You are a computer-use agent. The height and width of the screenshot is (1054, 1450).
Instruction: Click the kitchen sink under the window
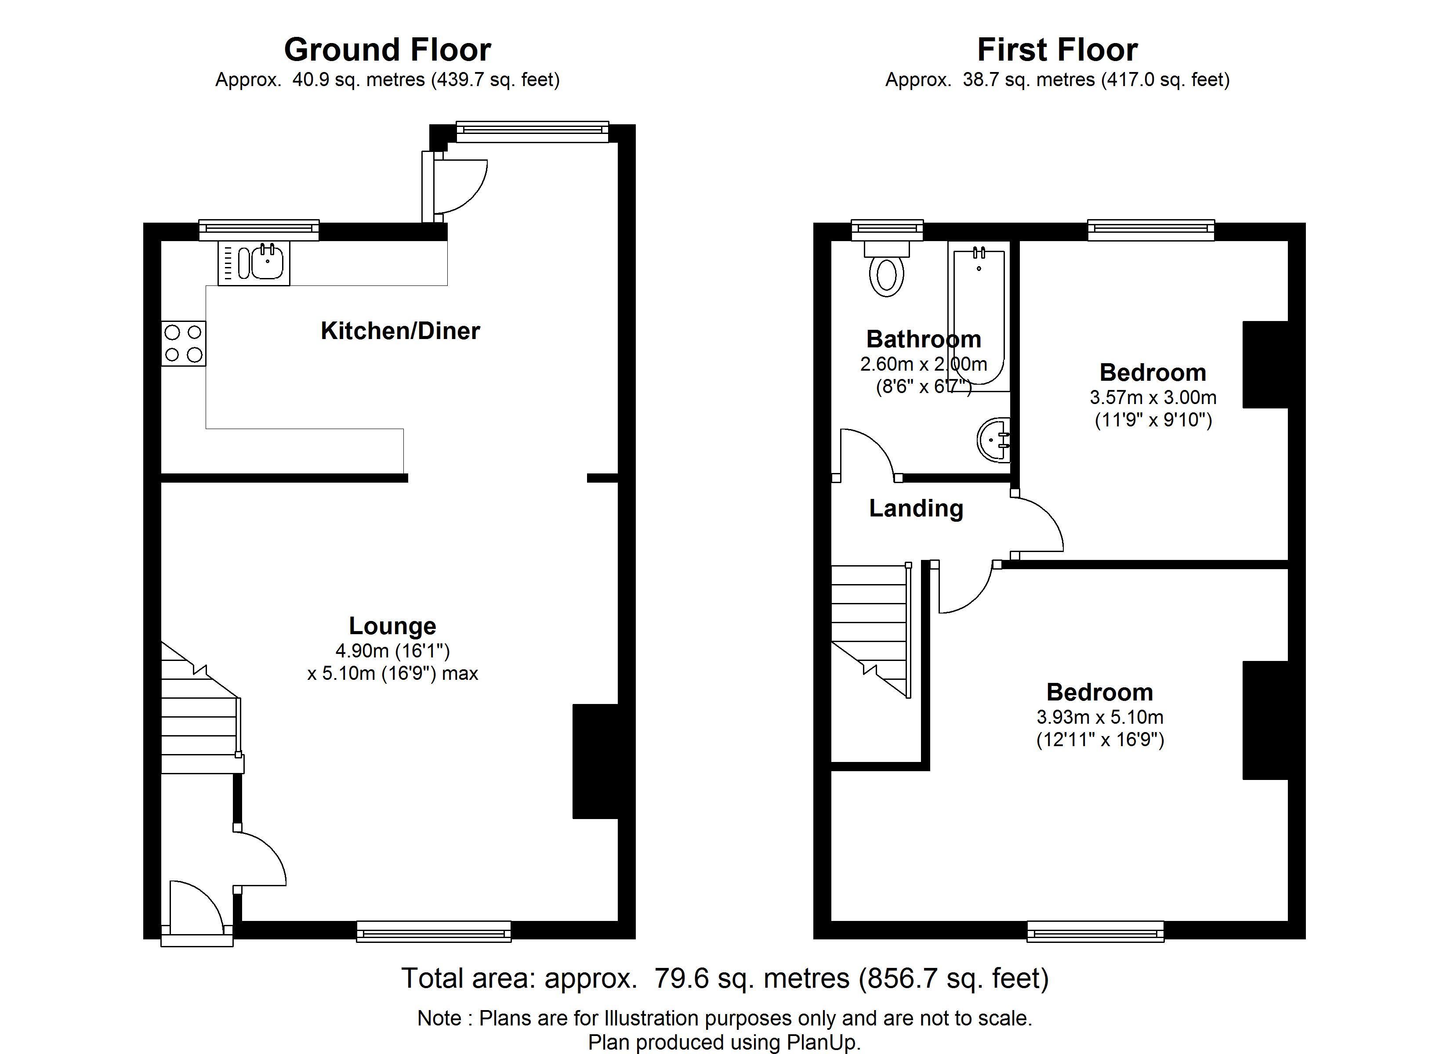(254, 263)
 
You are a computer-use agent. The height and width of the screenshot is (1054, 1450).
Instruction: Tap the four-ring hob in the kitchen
(184, 343)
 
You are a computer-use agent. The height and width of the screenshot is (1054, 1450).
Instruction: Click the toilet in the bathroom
(887, 268)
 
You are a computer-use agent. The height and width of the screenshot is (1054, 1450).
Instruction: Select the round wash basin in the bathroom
(993, 440)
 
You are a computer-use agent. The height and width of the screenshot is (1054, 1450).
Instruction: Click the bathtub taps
(979, 253)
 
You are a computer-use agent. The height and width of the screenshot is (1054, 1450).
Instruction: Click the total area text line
(725, 978)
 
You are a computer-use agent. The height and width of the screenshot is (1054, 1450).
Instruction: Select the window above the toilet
(888, 230)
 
